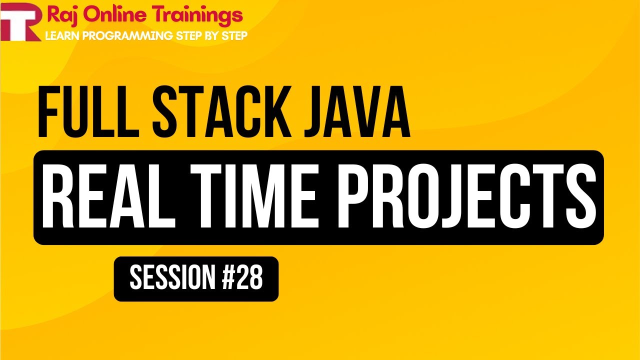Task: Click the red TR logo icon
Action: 21,23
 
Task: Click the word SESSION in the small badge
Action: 172,279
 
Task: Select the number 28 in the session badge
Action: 249,279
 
